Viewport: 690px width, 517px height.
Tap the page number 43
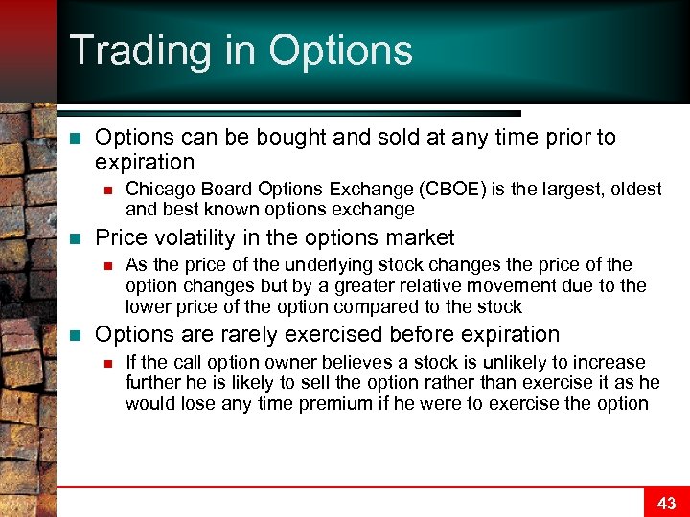click(x=666, y=504)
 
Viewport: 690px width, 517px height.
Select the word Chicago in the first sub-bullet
click(x=157, y=189)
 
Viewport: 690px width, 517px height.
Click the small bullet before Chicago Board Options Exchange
click(x=109, y=190)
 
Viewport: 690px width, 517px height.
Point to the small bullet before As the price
click(x=109, y=265)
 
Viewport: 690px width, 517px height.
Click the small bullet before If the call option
click(x=109, y=363)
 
